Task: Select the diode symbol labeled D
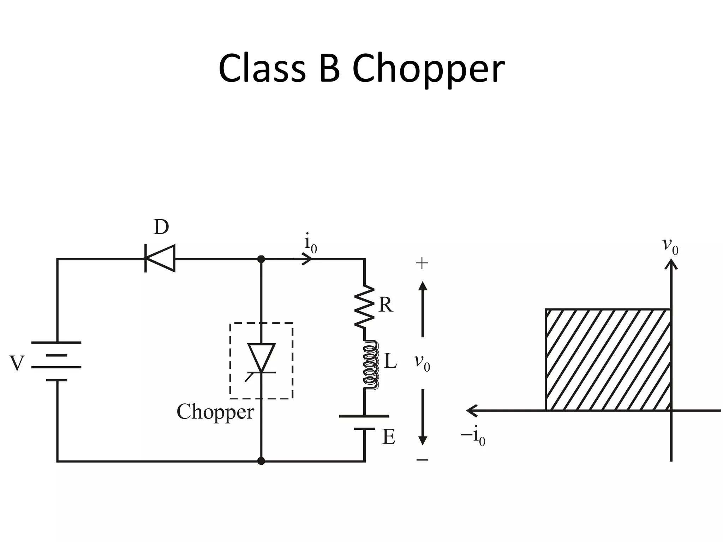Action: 160,258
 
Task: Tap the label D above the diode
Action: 161,228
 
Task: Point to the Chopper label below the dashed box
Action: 215,412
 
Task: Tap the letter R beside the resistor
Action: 386,305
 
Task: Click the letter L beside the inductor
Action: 390,361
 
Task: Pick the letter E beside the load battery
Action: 389,438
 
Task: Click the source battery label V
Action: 17,363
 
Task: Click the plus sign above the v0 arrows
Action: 422,263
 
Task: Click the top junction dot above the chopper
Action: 261,259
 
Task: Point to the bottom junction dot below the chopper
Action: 261,461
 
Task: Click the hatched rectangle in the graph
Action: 608,360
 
